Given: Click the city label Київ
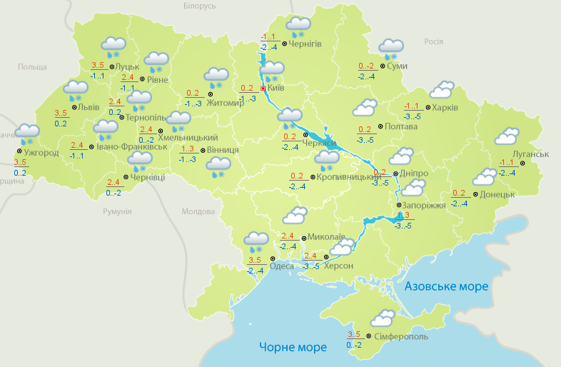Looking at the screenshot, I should pos(276,89).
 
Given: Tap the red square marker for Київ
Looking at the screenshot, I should pos(263,89).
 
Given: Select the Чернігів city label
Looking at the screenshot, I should pos(305,44).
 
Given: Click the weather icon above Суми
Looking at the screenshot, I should pos(390,49).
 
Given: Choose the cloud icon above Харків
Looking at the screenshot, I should pos(442,89).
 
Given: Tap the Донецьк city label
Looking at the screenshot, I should pos(497,194).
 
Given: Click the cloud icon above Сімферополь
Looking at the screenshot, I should pos(383,318).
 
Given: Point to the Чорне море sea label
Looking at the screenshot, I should pos(293,348).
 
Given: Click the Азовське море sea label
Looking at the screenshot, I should pos(446,286).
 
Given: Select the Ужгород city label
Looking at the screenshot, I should pos(41,153).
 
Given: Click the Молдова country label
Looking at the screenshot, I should pos(198,212).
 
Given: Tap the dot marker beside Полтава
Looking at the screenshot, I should pos(380,126).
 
